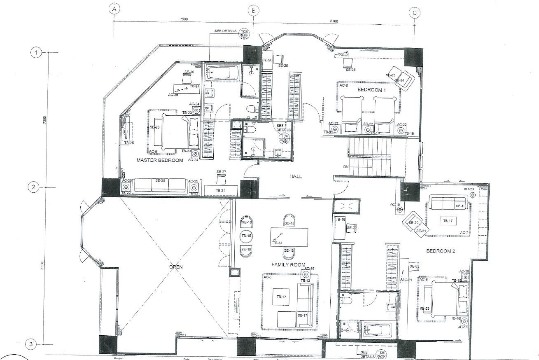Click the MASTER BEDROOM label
159,160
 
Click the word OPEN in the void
175,267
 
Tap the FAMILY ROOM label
288,264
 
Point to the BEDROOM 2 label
440,251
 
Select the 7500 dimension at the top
184,19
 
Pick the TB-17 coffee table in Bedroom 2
448,221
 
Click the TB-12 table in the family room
281,297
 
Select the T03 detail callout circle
244,33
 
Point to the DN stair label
345,167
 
